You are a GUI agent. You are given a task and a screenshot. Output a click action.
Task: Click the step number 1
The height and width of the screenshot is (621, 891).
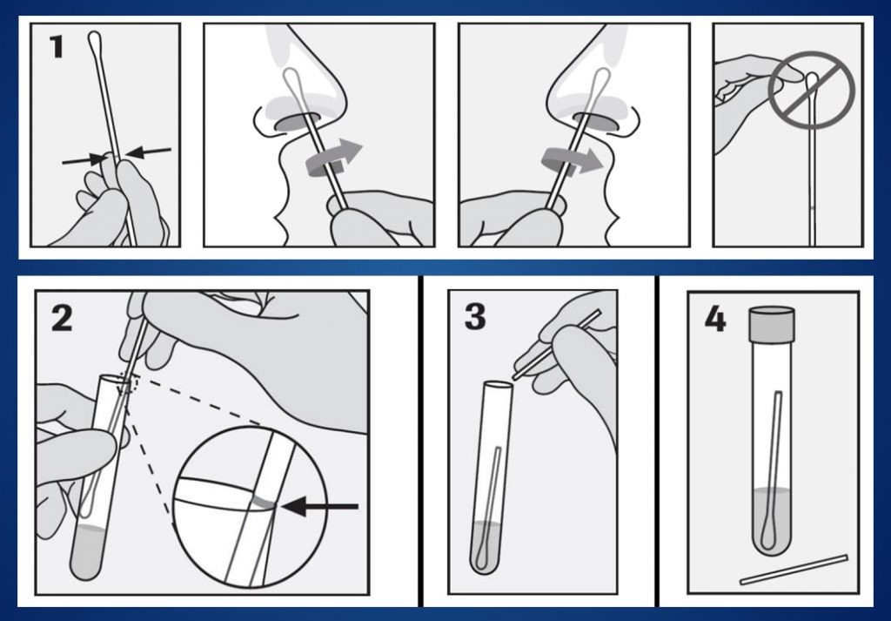[x=56, y=47]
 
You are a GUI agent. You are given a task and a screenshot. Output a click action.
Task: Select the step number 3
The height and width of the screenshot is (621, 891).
[x=475, y=317]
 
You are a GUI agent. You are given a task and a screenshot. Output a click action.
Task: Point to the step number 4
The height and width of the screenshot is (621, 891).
[x=715, y=319]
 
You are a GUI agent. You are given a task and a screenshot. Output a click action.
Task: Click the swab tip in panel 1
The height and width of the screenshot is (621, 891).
[x=94, y=41]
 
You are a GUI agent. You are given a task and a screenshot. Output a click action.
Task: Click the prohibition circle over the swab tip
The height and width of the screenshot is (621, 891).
[x=812, y=90]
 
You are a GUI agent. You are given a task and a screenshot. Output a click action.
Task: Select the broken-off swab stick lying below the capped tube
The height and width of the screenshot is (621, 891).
[x=794, y=570]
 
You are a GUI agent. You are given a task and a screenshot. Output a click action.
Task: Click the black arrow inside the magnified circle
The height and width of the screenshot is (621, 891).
[x=320, y=506]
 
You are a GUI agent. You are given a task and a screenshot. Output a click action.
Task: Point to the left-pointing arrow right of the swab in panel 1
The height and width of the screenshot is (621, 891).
[x=148, y=152]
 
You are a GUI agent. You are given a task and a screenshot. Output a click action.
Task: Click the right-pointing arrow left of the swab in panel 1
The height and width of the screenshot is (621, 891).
[x=85, y=159]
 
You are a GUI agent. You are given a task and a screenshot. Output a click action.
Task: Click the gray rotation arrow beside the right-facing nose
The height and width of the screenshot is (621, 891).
[x=571, y=160]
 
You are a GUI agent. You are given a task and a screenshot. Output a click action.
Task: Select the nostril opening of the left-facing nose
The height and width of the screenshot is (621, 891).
[x=298, y=122]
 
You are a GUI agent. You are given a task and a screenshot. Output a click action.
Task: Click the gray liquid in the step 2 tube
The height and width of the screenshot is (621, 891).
[x=87, y=551]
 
